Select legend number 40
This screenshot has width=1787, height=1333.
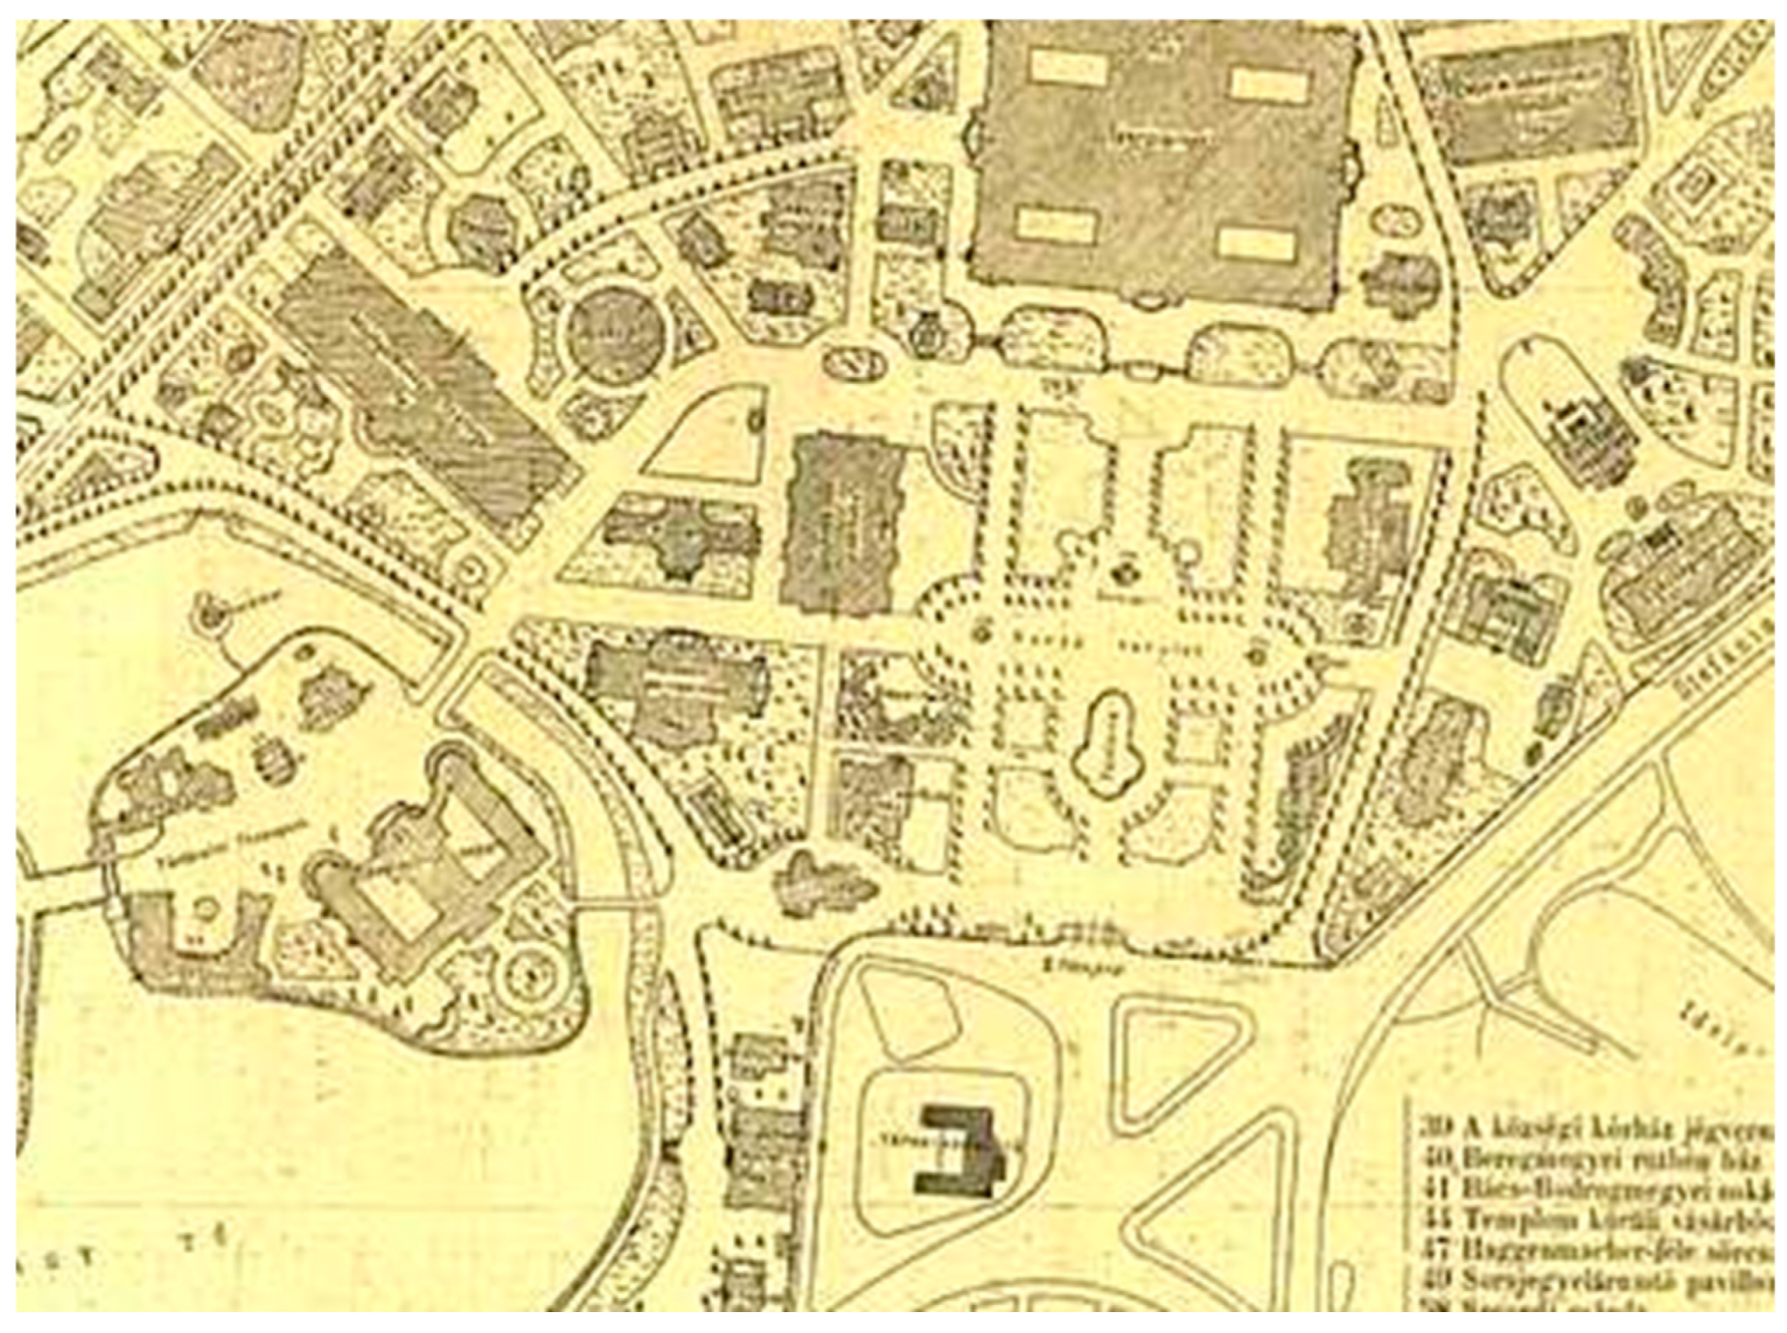(x=1435, y=1159)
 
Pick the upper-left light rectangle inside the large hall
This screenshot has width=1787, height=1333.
(x=1068, y=66)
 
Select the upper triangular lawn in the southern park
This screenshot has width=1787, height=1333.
(x=1177, y=1062)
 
